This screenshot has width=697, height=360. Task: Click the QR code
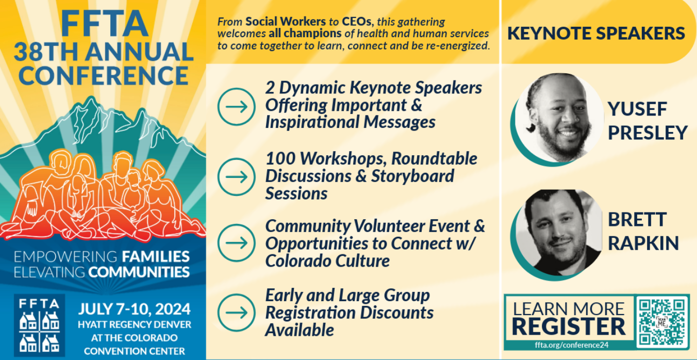pyautogui.click(x=661, y=322)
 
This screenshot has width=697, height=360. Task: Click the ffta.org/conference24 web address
pyautogui.click(x=568, y=345)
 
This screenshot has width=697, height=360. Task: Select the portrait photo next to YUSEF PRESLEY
pyautogui.click(x=559, y=118)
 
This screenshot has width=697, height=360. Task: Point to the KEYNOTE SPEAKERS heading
pyautogui.click(x=596, y=34)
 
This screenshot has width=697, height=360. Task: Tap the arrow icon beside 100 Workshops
pyautogui.click(x=236, y=176)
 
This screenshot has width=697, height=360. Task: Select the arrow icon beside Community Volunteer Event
pyautogui.click(x=236, y=243)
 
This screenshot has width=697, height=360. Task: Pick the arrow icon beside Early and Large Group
pyautogui.click(x=236, y=312)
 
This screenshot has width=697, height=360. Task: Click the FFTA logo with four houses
pyautogui.click(x=39, y=325)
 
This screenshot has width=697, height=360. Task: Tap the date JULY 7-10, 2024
pyautogui.click(x=135, y=309)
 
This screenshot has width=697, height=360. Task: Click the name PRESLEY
pyautogui.click(x=648, y=132)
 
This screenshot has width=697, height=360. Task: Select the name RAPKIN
pyautogui.click(x=643, y=243)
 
